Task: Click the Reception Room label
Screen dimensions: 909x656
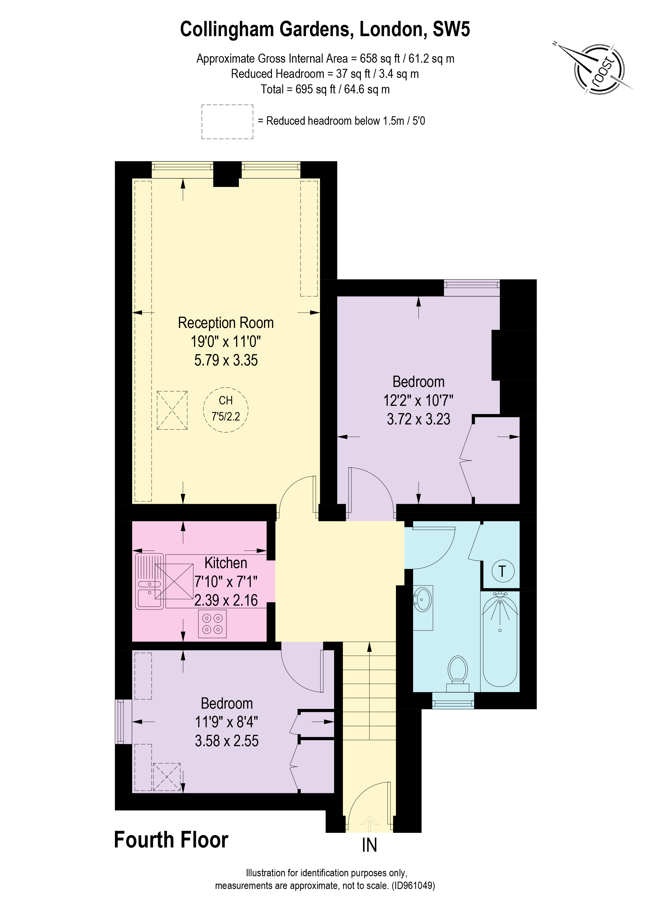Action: click(x=226, y=323)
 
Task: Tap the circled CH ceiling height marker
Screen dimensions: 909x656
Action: click(x=226, y=409)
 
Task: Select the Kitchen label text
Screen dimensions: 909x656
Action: click(x=226, y=563)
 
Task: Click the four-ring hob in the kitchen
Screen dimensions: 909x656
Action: click(x=212, y=624)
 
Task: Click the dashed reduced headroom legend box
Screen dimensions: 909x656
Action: click(x=227, y=122)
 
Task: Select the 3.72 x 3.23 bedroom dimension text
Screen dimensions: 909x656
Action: click(x=418, y=419)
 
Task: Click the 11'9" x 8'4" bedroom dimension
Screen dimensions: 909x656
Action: click(x=226, y=722)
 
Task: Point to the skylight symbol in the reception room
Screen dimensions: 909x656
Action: click(x=172, y=410)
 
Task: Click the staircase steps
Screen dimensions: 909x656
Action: click(x=369, y=689)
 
